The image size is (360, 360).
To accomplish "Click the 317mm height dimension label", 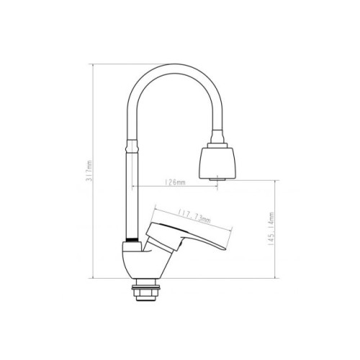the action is tap(89, 171).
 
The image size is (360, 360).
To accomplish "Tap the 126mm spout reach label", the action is tap(175, 182).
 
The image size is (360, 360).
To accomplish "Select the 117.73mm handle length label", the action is tap(194, 216).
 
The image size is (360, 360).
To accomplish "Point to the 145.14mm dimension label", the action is tap(271, 228).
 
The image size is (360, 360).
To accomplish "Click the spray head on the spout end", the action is tap(217, 163).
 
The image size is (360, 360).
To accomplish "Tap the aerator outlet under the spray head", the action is tap(217, 179).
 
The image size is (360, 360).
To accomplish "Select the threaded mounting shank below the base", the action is tap(145, 289).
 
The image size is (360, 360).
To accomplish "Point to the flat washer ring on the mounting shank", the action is tap(145, 287).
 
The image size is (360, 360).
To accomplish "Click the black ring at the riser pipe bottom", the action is tap(132, 240).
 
